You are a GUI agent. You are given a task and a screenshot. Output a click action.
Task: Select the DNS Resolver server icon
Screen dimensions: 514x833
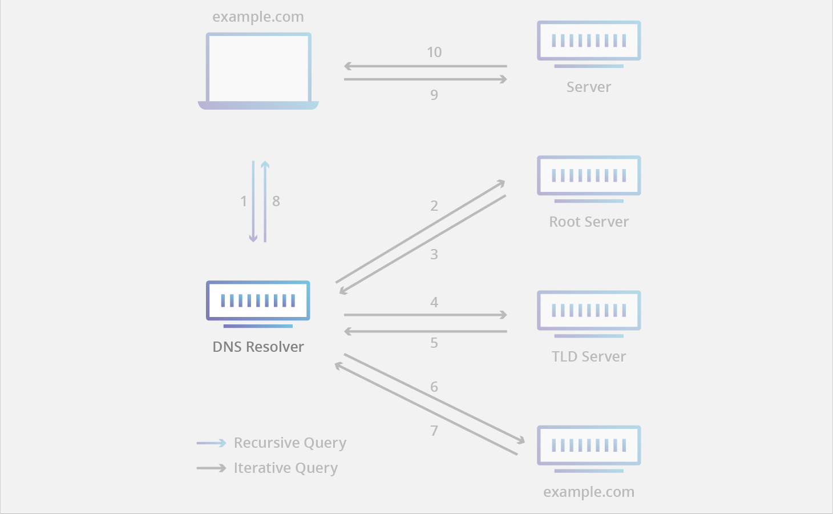coord(258,303)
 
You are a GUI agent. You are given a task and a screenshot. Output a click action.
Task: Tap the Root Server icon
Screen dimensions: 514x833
coord(589,178)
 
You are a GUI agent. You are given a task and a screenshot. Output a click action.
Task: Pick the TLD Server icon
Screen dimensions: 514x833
coord(589,312)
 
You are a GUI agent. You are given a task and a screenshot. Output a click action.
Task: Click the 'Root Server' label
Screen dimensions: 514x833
coord(589,222)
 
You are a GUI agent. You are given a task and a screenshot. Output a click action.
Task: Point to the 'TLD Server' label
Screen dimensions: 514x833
coord(589,357)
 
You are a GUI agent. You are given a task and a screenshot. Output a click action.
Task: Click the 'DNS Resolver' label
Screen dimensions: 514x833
coord(258,347)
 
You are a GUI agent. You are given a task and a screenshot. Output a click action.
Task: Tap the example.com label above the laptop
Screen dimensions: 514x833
coord(258,17)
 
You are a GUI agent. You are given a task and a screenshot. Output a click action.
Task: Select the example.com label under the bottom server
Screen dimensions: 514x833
coord(589,492)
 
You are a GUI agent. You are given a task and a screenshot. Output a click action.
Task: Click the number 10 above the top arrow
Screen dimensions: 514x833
coord(434,53)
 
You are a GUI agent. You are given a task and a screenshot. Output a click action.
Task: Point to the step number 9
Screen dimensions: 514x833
coord(434,95)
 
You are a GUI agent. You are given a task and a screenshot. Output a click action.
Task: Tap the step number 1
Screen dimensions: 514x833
coord(244,201)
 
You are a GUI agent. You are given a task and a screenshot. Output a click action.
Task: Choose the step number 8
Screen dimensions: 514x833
coord(276,201)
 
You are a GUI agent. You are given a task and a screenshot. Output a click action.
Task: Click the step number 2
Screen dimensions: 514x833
coord(434,206)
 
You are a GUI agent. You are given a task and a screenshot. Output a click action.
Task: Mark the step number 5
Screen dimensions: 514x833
coord(434,343)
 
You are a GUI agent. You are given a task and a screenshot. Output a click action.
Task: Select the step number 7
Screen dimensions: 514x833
coord(434,431)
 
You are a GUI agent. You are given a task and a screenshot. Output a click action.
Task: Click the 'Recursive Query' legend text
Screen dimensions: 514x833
coord(290,443)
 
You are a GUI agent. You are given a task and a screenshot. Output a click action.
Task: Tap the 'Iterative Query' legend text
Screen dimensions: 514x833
coord(286,468)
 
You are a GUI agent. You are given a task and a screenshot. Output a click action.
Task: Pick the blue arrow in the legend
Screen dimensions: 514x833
coord(211,443)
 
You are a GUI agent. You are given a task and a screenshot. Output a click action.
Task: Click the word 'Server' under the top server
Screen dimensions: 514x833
coord(589,87)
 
